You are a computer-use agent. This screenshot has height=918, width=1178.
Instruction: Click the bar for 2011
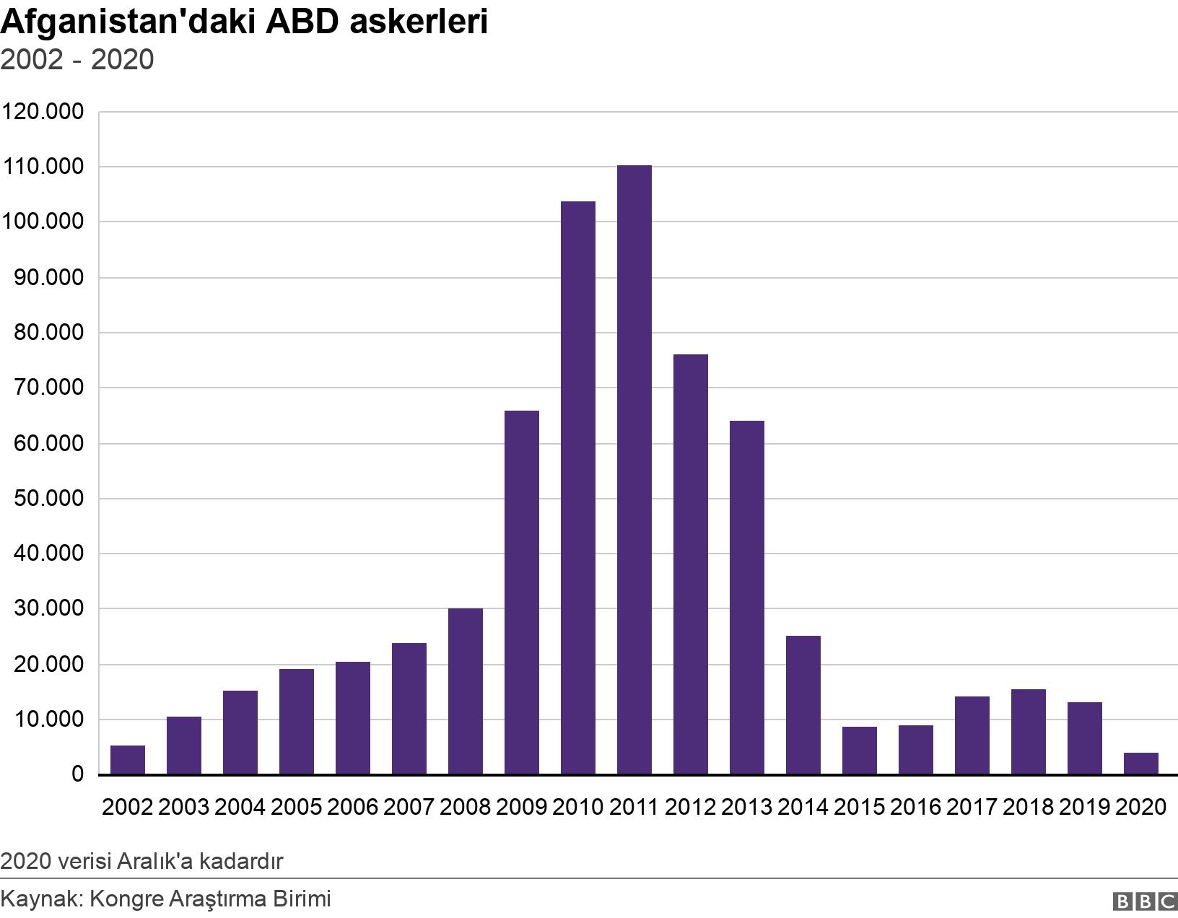tap(634, 470)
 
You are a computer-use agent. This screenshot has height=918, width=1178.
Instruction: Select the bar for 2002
tap(127, 760)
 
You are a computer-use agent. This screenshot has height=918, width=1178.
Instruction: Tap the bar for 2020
tap(1140, 764)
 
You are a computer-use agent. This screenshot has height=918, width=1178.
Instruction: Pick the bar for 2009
tap(521, 593)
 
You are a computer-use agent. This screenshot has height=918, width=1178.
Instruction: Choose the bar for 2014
tap(803, 706)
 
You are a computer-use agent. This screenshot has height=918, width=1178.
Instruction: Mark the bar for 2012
tap(691, 564)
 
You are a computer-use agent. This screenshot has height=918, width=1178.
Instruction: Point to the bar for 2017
tap(972, 736)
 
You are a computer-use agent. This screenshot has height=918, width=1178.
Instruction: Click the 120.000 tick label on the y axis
tap(43, 112)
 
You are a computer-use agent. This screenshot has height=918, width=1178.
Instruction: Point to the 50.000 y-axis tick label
tap(49, 498)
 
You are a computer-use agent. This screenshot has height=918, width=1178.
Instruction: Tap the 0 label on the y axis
tap(78, 774)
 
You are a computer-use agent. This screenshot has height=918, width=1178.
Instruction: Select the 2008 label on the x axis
tap(465, 808)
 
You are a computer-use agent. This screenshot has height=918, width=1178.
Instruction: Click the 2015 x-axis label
tap(859, 808)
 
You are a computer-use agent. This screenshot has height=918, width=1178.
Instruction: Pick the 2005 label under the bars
tap(296, 808)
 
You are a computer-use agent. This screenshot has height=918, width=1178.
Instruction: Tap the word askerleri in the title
tap(419, 22)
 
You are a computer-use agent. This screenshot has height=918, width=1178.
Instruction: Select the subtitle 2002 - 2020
tap(77, 59)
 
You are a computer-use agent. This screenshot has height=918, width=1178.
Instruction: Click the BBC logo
tap(1145, 901)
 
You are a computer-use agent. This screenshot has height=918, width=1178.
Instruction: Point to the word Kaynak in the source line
tap(40, 899)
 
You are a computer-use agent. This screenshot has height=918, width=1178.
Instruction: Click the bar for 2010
tap(578, 489)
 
